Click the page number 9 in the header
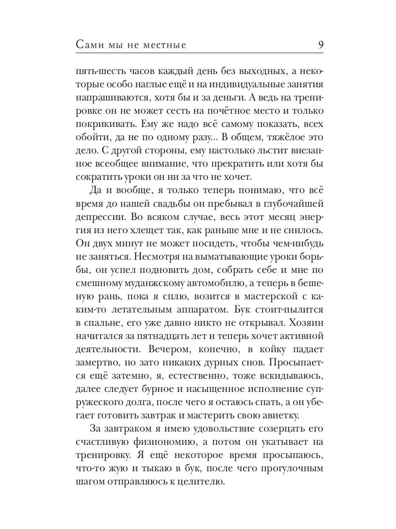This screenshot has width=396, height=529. pos(320,45)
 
